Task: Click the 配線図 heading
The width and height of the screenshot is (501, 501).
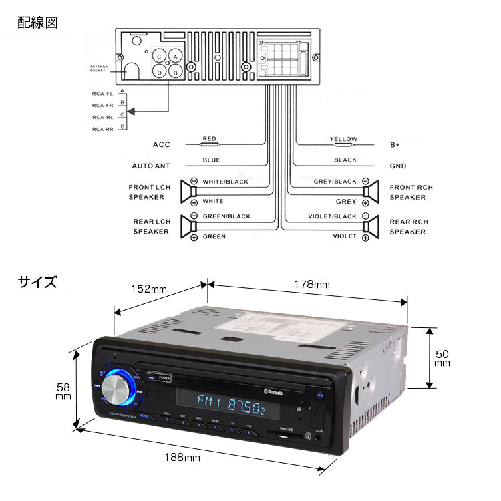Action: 37,22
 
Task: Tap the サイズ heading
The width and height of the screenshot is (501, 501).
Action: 37,282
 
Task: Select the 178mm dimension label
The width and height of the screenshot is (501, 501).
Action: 313,285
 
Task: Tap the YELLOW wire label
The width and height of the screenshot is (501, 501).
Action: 343,139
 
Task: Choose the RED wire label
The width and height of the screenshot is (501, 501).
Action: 210,139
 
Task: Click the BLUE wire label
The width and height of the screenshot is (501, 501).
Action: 211,160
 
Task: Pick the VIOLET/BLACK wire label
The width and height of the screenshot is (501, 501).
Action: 332,216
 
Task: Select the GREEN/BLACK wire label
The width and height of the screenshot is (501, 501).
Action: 226,216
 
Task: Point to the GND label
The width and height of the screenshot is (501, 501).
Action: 398,166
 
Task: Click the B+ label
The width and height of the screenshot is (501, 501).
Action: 395,144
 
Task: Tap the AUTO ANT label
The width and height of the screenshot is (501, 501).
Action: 151,166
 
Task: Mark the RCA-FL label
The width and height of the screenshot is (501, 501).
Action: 103,94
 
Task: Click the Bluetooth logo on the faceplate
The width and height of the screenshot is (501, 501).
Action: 273,393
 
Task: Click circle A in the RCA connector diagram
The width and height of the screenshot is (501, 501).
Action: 175,57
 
